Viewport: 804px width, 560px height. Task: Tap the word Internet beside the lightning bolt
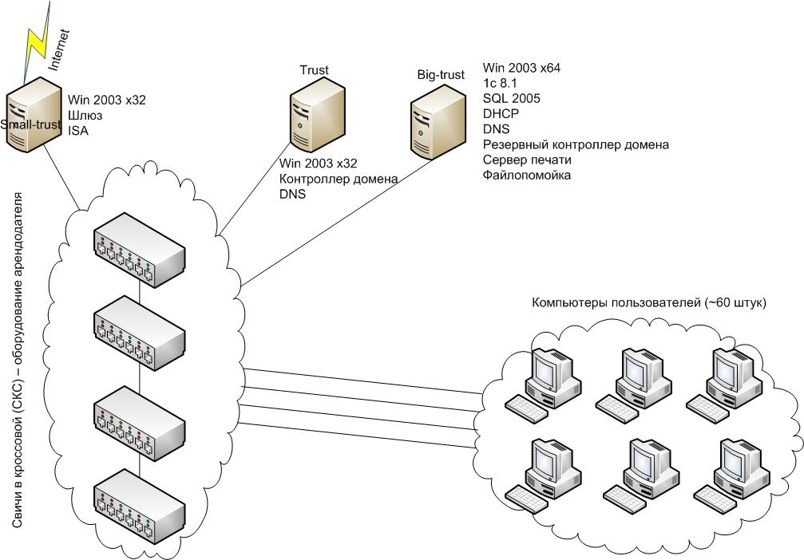click(x=60, y=49)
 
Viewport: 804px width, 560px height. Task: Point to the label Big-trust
click(x=441, y=75)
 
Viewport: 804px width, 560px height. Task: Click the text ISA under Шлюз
click(x=77, y=131)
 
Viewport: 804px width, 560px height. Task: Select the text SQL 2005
click(x=511, y=98)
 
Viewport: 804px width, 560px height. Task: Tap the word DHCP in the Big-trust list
click(x=501, y=113)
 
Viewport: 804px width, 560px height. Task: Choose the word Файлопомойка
click(x=527, y=175)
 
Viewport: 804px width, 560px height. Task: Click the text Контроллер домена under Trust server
click(x=338, y=179)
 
